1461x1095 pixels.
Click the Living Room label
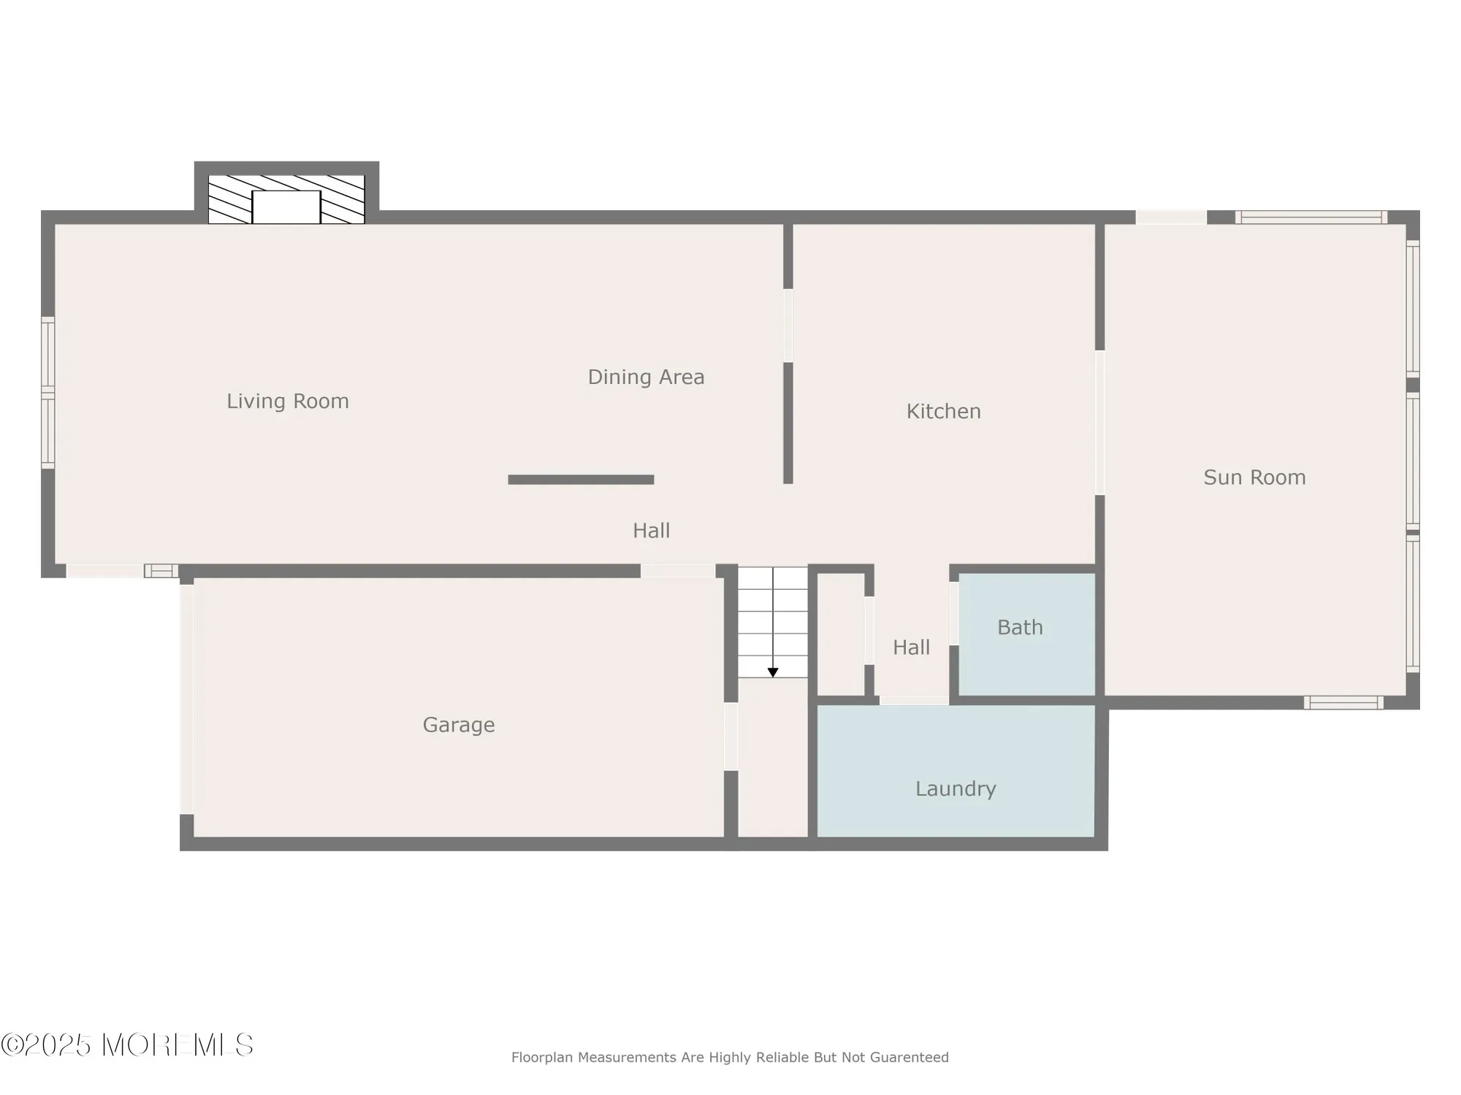(288, 401)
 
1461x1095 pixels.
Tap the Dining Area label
(646, 377)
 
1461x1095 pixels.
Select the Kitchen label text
(943, 411)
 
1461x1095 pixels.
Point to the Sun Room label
(1254, 477)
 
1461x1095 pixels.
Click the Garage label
(459, 725)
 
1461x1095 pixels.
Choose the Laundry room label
(955, 788)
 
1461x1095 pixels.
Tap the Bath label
(1020, 627)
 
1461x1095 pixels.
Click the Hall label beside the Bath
(911, 647)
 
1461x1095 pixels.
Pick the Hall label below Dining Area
(651, 531)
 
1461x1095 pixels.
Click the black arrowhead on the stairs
(773, 672)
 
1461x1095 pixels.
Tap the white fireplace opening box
(286, 207)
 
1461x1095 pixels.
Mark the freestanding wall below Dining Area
(581, 480)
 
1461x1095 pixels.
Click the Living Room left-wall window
(47, 393)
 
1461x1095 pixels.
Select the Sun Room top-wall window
(1311, 217)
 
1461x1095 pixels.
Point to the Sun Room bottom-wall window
(1343, 702)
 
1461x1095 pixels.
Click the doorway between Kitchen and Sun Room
(1099, 423)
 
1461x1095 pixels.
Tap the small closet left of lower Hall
(841, 634)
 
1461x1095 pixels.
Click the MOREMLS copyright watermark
(128, 1045)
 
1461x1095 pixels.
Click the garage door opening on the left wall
(187, 699)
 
